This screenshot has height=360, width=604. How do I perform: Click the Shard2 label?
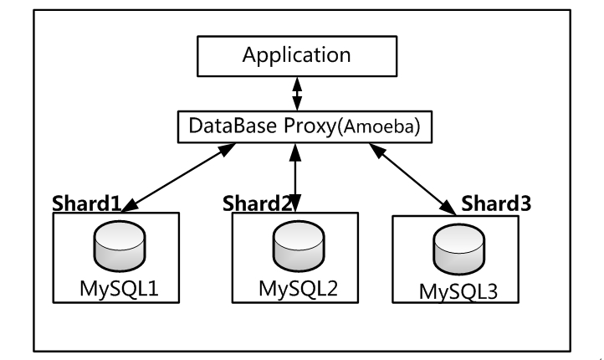tap(258, 203)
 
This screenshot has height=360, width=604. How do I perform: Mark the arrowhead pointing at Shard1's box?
tap(135, 208)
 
